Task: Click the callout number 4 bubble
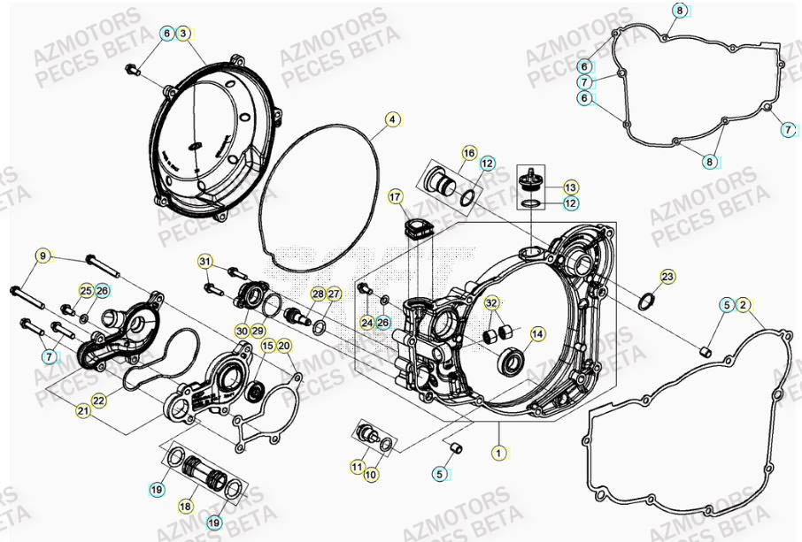pos(392,118)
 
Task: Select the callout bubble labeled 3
pos(183,34)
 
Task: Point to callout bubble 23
pos(667,277)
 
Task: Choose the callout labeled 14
pos(537,333)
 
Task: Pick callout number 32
pos(491,303)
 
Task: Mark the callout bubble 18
pos(185,507)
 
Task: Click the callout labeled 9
pos(42,256)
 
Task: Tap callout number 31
pos(204,262)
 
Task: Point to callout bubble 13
pos(570,187)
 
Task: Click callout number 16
pos(469,153)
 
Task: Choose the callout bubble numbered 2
pos(744,305)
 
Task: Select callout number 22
pos(98,401)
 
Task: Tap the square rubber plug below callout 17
pos(414,232)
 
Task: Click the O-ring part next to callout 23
pos(647,302)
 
